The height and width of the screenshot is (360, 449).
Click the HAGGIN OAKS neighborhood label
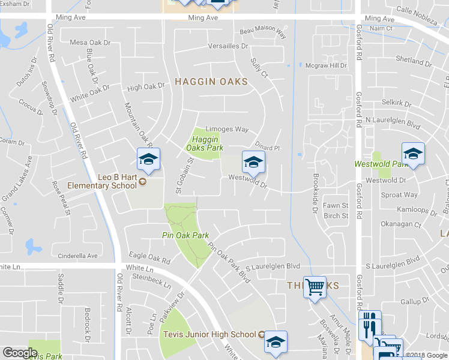click(211, 82)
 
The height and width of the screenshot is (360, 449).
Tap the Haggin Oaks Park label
click(200, 143)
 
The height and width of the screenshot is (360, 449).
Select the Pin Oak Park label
click(185, 235)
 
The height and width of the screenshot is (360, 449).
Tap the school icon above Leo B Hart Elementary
click(148, 160)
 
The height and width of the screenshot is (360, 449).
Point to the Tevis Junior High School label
click(209, 334)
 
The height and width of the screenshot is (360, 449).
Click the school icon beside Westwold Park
click(413, 154)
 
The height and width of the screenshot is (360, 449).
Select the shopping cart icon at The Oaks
click(314, 287)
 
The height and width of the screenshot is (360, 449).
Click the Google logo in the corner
click(20, 353)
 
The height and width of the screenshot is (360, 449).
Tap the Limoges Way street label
click(227, 129)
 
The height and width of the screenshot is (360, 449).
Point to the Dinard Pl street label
click(268, 148)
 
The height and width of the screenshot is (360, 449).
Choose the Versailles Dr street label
click(228, 46)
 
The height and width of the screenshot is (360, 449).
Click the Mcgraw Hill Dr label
click(326, 65)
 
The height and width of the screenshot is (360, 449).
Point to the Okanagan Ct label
click(402, 224)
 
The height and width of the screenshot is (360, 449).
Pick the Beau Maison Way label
click(262, 32)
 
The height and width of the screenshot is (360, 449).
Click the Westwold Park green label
click(390, 164)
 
